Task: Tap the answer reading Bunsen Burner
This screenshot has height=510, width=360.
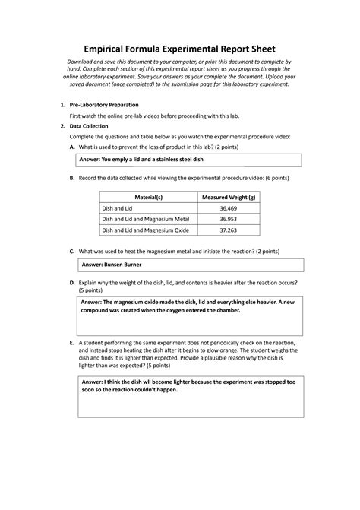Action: pos(112,265)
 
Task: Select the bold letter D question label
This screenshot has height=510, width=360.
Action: pos(71,282)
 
